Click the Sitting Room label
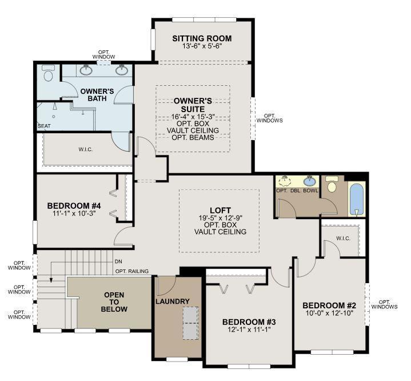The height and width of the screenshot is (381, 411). click(202, 38)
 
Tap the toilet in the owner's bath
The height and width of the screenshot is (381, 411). click(48, 73)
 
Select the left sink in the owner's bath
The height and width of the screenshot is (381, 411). click(85, 70)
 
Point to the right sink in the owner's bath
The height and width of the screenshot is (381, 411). click(121, 69)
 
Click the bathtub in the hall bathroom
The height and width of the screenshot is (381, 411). click(356, 200)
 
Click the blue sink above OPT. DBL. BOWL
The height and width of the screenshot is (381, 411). click(310, 181)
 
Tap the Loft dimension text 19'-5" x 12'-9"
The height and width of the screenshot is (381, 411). click(220, 218)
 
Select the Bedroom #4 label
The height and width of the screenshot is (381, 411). click(74, 206)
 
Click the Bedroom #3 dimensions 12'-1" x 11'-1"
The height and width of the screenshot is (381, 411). click(249, 329)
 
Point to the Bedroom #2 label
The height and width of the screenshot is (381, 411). click(329, 305)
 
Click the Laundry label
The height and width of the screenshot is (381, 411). click(173, 301)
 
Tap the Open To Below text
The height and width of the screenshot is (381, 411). click(114, 302)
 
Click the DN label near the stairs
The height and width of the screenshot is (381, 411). click(118, 261)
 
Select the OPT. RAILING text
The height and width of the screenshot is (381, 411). click(132, 271)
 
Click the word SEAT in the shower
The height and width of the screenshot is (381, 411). click(44, 126)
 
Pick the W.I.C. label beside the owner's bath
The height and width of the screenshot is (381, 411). click(85, 149)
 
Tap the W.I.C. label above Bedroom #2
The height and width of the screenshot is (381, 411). click(343, 239)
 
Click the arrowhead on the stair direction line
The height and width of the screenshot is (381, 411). click(51, 280)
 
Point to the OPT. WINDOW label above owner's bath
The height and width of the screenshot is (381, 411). click(103, 54)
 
